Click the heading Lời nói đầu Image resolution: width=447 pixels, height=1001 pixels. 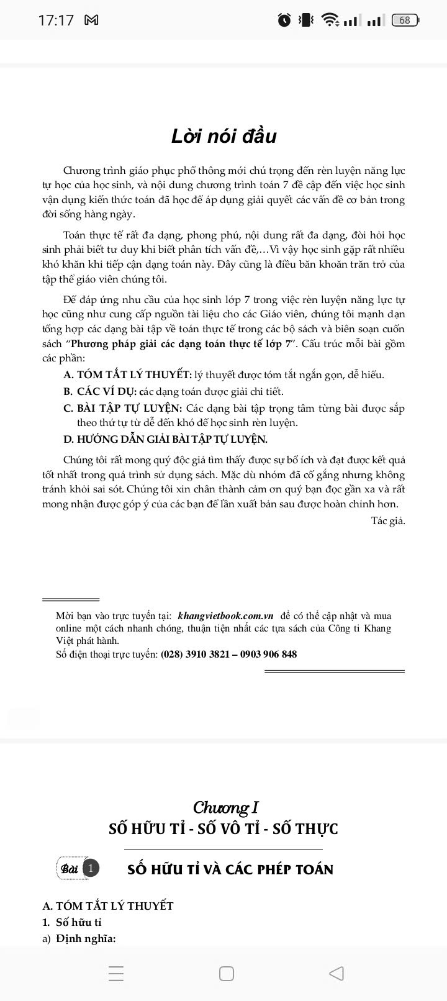223,136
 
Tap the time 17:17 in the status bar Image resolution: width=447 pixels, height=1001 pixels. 56,20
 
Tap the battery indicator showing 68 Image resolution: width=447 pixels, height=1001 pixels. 405,20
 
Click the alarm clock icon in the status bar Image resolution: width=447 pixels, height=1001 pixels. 284,20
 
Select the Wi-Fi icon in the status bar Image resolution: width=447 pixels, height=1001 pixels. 331,20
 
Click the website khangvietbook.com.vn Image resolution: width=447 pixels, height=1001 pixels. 225,616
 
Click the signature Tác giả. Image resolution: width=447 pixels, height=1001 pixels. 388,520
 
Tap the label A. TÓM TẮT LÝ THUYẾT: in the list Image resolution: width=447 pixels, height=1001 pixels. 127,375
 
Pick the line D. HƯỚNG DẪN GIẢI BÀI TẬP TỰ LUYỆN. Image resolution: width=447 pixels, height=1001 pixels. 165,440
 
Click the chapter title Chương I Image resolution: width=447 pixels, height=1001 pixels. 225,807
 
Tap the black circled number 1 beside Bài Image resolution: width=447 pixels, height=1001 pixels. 91,868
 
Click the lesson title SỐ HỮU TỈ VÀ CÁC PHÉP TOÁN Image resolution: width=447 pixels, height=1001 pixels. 230,869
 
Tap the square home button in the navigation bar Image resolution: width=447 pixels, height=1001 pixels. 227,973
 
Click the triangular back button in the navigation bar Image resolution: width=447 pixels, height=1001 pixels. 336,973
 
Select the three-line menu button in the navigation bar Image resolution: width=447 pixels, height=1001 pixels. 116,973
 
